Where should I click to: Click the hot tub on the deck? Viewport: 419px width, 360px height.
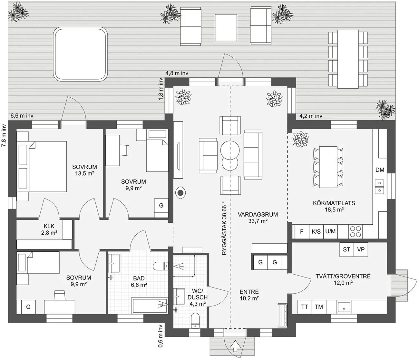point(80,54)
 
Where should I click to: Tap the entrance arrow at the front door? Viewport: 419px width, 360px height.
point(235,346)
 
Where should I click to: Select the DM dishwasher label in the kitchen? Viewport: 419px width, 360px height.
point(380,170)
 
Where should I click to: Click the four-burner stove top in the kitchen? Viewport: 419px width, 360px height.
point(356,231)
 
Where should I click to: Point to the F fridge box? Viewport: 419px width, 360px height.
point(302,231)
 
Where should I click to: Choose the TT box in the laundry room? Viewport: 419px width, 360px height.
point(305,307)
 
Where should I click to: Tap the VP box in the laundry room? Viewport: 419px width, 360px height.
point(361,249)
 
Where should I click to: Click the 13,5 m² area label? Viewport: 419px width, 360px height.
point(85,173)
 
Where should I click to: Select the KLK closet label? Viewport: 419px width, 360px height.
point(49,226)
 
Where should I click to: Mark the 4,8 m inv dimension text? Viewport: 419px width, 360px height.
point(177,73)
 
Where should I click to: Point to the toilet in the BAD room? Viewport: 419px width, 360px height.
point(161,266)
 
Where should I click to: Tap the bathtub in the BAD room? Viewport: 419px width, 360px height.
point(150,306)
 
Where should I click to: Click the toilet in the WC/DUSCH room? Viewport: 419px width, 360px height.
point(195,320)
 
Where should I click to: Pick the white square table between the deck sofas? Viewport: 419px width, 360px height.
point(226,28)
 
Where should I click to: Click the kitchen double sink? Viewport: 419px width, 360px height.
point(379,187)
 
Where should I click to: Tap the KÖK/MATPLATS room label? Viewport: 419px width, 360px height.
point(334,203)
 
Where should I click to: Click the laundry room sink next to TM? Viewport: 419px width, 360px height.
point(344,307)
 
